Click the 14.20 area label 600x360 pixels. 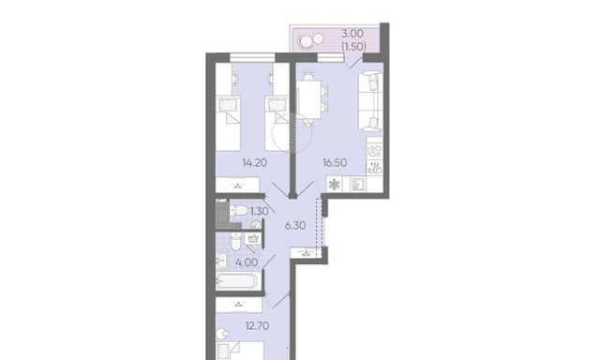point(254,163)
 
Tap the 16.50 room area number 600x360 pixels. point(335,163)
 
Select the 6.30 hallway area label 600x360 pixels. point(295,226)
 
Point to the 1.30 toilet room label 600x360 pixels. point(259,211)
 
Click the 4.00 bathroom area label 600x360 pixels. point(247,262)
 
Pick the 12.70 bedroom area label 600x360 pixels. point(257,326)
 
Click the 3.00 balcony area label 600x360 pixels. point(352,34)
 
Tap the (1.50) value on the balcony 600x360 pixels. point(353,46)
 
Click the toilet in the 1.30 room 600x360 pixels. point(238,210)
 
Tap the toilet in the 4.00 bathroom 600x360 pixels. point(235,242)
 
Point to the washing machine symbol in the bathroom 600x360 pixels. point(252,240)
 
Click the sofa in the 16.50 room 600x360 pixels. point(370,101)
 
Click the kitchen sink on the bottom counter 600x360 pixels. point(358,185)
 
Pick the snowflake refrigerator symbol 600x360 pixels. point(335,185)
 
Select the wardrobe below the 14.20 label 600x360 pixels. point(238,185)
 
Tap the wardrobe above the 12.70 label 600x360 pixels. point(239,305)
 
